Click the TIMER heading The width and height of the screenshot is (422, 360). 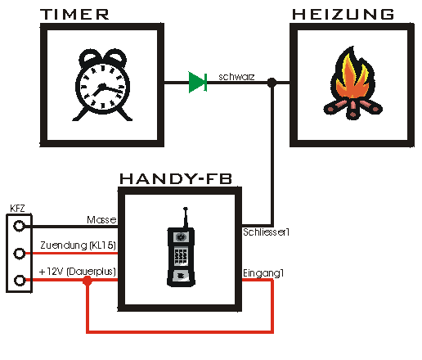pyautogui.click(x=74, y=15)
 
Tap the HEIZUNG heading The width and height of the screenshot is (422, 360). pyautogui.click(x=343, y=15)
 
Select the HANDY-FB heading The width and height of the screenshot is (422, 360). pyautogui.click(x=176, y=178)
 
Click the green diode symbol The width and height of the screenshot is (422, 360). pyautogui.click(x=198, y=82)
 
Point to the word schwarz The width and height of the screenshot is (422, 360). pyautogui.click(x=236, y=77)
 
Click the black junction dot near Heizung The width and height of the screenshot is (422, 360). pyautogui.click(x=272, y=83)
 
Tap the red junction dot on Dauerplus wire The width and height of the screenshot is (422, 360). pyautogui.click(x=88, y=281)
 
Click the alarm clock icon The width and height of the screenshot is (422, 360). pyautogui.click(x=102, y=85)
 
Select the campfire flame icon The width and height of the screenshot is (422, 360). pyautogui.click(x=352, y=83)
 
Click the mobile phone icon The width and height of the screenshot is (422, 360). pyautogui.click(x=181, y=247)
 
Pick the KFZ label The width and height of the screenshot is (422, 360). pyautogui.click(x=17, y=209)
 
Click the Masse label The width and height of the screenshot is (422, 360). pyautogui.click(x=101, y=220)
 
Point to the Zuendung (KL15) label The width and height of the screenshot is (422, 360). pyautogui.click(x=78, y=245)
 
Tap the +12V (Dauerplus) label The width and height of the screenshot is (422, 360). pyautogui.click(x=78, y=272)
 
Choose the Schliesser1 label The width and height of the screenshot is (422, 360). pyautogui.click(x=266, y=232)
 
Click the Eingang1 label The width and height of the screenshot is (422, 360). pyautogui.click(x=263, y=273)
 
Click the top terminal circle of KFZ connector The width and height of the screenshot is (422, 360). pyautogui.click(x=19, y=226)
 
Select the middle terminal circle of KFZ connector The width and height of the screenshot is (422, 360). pyautogui.click(x=19, y=254)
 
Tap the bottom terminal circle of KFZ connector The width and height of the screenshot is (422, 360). pyautogui.click(x=20, y=281)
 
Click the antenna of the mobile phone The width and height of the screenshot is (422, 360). pyautogui.click(x=186, y=218)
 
